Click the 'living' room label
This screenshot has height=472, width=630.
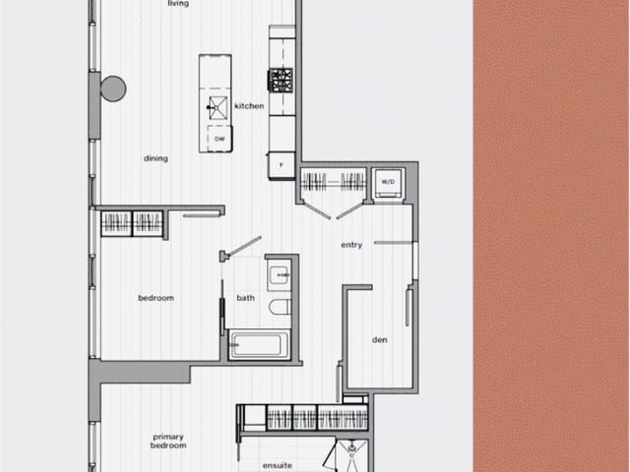click(x=178, y=4)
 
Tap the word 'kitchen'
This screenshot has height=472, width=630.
click(x=249, y=106)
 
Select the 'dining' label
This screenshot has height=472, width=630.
click(x=156, y=158)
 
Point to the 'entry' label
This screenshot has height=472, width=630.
click(x=351, y=245)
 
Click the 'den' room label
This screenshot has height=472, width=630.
click(x=379, y=340)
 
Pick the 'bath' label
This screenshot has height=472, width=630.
click(x=245, y=298)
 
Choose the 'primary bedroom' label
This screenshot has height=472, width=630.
click(x=169, y=441)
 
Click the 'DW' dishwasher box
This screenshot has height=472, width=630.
click(x=219, y=140)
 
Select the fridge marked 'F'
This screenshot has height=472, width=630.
click(x=282, y=165)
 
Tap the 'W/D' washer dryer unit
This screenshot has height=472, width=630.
click(x=388, y=182)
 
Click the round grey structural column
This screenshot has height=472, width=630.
click(x=113, y=88)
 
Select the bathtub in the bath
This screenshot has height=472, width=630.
click(x=260, y=345)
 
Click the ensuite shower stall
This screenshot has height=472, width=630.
click(x=350, y=455)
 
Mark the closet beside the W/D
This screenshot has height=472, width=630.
click(x=333, y=181)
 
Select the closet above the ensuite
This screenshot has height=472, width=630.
click(x=303, y=417)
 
